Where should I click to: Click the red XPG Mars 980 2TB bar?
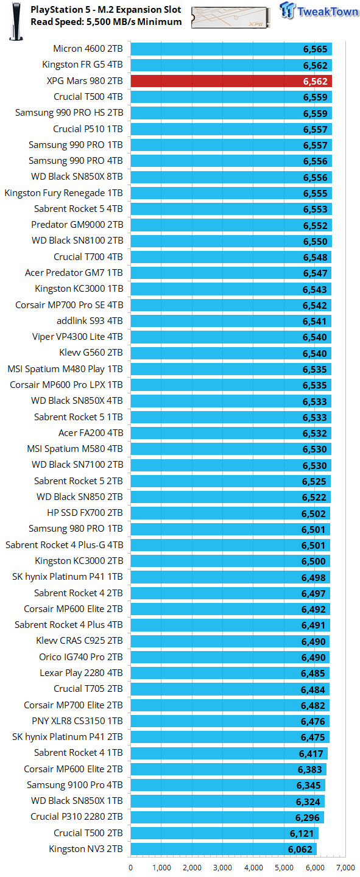tap(231, 81)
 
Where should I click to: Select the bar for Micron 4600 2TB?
tap(231, 49)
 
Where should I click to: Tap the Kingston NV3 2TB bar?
tap(223, 849)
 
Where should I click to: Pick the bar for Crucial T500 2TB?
tap(224, 833)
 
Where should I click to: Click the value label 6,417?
tap(311, 753)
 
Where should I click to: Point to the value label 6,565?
tap(315, 49)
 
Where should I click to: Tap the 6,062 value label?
tap(300, 849)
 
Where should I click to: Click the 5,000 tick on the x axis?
tap(284, 867)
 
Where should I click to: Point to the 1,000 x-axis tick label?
tap(161, 867)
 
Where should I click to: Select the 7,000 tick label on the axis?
tap(345, 867)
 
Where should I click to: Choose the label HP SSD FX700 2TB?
tap(85, 513)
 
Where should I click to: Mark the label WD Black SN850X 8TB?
tap(77, 177)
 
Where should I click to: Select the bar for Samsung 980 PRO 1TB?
tap(230, 529)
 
